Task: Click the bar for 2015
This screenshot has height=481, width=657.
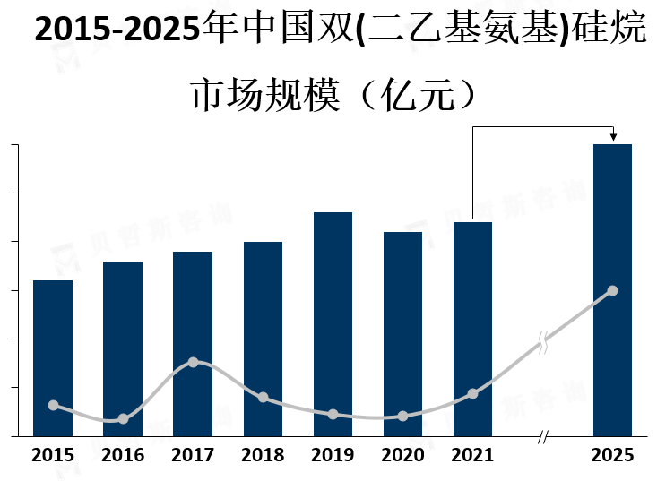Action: click(x=53, y=357)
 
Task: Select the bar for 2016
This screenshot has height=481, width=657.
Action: click(x=123, y=348)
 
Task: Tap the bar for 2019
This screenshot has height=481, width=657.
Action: click(x=333, y=323)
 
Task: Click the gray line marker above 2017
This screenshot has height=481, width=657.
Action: click(x=193, y=362)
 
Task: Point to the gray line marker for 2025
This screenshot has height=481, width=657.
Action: click(x=613, y=290)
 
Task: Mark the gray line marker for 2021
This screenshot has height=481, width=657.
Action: click(x=473, y=393)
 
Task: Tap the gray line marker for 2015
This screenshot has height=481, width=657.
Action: click(x=53, y=405)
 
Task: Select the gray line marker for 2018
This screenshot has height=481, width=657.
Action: click(x=263, y=397)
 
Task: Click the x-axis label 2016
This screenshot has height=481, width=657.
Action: click(x=123, y=455)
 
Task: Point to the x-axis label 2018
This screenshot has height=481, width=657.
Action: click(x=263, y=455)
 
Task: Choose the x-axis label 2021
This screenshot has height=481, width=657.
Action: click(x=473, y=455)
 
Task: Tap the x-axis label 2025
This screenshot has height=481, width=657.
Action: click(x=613, y=455)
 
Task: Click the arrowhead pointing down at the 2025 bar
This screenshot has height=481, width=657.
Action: click(x=613, y=136)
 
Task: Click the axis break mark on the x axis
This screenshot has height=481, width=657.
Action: click(x=542, y=437)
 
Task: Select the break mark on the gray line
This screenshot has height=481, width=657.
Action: click(x=543, y=342)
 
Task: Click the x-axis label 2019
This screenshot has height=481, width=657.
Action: click(x=333, y=455)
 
